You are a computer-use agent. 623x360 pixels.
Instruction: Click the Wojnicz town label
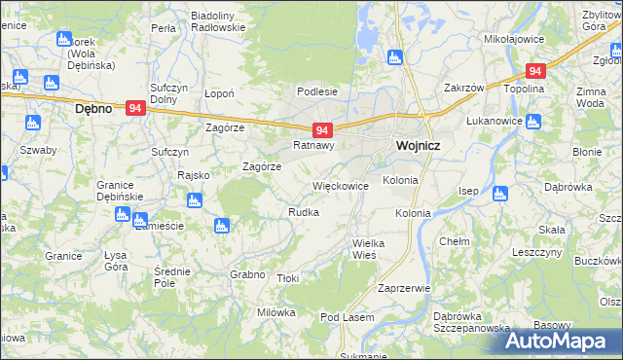coord(421,146)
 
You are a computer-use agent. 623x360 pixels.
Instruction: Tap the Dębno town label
coord(94,110)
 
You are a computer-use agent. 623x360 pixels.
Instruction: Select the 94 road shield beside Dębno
coord(135,111)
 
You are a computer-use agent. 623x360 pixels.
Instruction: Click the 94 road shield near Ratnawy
coord(324,129)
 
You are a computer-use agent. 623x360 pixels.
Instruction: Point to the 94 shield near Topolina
coord(533,71)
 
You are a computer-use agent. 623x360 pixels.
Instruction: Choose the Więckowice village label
coord(340,184)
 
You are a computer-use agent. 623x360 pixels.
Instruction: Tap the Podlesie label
coord(318,91)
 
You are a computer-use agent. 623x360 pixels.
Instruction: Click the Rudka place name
coord(304,211)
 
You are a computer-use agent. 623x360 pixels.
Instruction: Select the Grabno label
coord(247,274)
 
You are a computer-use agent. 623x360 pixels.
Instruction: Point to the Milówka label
coord(275,312)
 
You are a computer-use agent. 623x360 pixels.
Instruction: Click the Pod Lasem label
coord(348,318)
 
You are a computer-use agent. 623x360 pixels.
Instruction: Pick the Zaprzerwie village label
coord(404,288)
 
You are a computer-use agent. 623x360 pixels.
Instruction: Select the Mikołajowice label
coord(512,40)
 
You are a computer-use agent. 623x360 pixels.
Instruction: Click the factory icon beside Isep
coord(500,193)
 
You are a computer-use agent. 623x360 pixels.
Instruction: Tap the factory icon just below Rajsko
coord(193,200)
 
